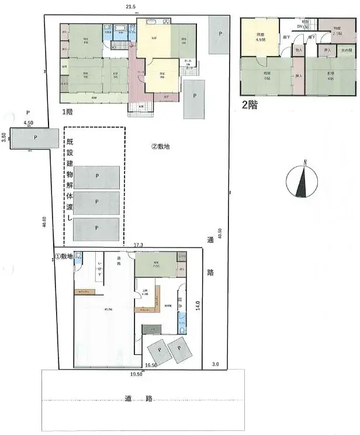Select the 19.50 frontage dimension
(136, 373)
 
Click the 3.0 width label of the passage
(215, 364)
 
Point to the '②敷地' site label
(160, 147)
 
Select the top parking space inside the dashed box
(97, 176)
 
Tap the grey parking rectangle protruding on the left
(35, 138)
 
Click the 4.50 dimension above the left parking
(27, 123)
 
